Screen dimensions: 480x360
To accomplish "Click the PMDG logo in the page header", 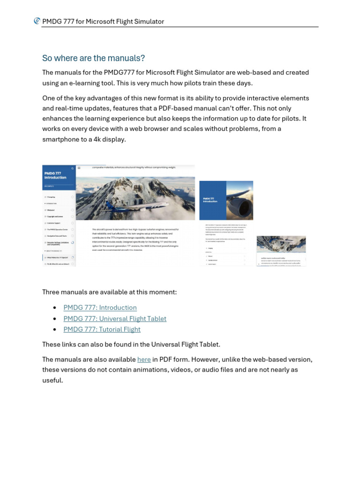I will tap(37, 21).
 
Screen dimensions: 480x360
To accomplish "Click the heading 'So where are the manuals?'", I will tap(93, 58).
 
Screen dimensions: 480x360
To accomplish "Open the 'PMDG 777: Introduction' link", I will tap(100, 307).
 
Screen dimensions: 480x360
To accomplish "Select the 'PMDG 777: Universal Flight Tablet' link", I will tap(115, 318).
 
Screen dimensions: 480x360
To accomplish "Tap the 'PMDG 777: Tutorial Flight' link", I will tap(102, 329).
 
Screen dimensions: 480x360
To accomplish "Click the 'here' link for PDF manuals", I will tap(144, 359).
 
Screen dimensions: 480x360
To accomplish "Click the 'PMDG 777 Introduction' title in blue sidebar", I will tap(55, 175).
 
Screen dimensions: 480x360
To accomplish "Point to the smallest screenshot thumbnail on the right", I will tap(281, 251).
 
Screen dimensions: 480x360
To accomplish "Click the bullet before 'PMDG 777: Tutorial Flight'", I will tap(55, 330).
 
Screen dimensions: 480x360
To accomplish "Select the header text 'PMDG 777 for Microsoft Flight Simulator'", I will tap(103, 22).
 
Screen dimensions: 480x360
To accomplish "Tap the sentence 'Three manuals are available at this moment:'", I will tap(109, 292).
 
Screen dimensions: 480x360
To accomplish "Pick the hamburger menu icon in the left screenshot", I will tap(79, 167).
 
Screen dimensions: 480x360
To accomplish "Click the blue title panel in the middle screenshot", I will tap(213, 200).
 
